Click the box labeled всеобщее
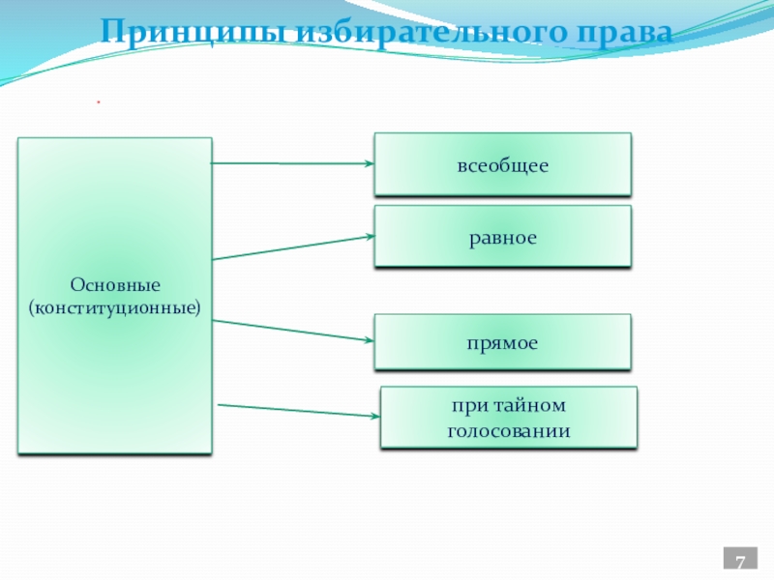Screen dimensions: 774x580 pyautogui.click(x=503, y=165)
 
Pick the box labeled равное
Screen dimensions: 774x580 pyautogui.click(x=503, y=236)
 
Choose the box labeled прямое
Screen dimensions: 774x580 pyautogui.click(x=503, y=342)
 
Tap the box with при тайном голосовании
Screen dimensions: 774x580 pyautogui.click(x=509, y=418)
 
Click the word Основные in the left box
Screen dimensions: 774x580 pyautogui.click(x=114, y=286)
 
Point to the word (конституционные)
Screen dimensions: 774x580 pyautogui.click(x=114, y=307)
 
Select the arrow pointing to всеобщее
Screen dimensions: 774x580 pyautogui.click(x=290, y=163)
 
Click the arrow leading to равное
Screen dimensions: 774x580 pyautogui.click(x=290, y=247)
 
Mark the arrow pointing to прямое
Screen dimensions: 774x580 pyautogui.click(x=290, y=331)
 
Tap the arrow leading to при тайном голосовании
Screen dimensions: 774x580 pyautogui.click(x=295, y=410)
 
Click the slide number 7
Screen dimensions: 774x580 pyautogui.click(x=740, y=564)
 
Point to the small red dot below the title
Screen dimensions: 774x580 pyautogui.click(x=98, y=101)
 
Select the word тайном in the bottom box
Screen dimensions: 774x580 pyautogui.click(x=530, y=406)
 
